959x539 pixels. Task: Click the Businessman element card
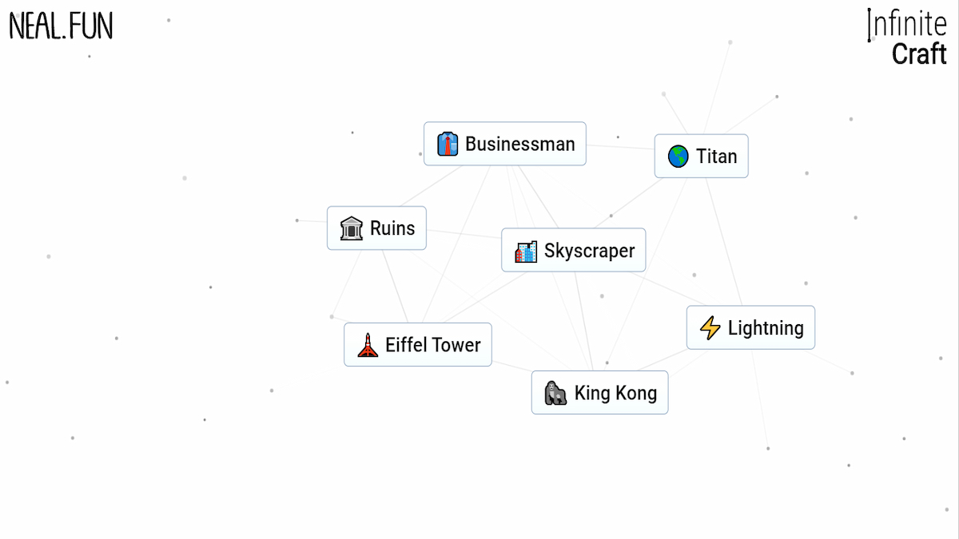coord(505,144)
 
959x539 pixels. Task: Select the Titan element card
coord(701,156)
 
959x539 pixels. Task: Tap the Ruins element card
coord(376,228)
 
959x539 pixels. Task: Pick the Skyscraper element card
coord(573,251)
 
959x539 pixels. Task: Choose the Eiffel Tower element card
coord(417,345)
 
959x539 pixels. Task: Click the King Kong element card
coord(599,393)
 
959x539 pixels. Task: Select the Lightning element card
coord(750,327)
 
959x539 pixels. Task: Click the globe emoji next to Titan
coord(678,156)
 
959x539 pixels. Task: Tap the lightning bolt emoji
coord(710,327)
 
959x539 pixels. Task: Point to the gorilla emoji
coord(555,393)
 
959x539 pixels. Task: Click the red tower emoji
coord(368,345)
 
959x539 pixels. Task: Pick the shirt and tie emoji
coord(448,144)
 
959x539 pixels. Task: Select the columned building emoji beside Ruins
coord(351,228)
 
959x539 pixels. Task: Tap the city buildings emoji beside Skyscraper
coord(526,252)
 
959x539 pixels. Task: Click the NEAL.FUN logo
coord(61,26)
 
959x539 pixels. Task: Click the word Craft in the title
coord(919,54)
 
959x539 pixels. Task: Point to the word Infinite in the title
coord(907,24)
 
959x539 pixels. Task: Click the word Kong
coord(636,393)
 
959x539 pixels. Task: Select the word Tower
coord(456,345)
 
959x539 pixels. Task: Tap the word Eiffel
coord(406,345)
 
